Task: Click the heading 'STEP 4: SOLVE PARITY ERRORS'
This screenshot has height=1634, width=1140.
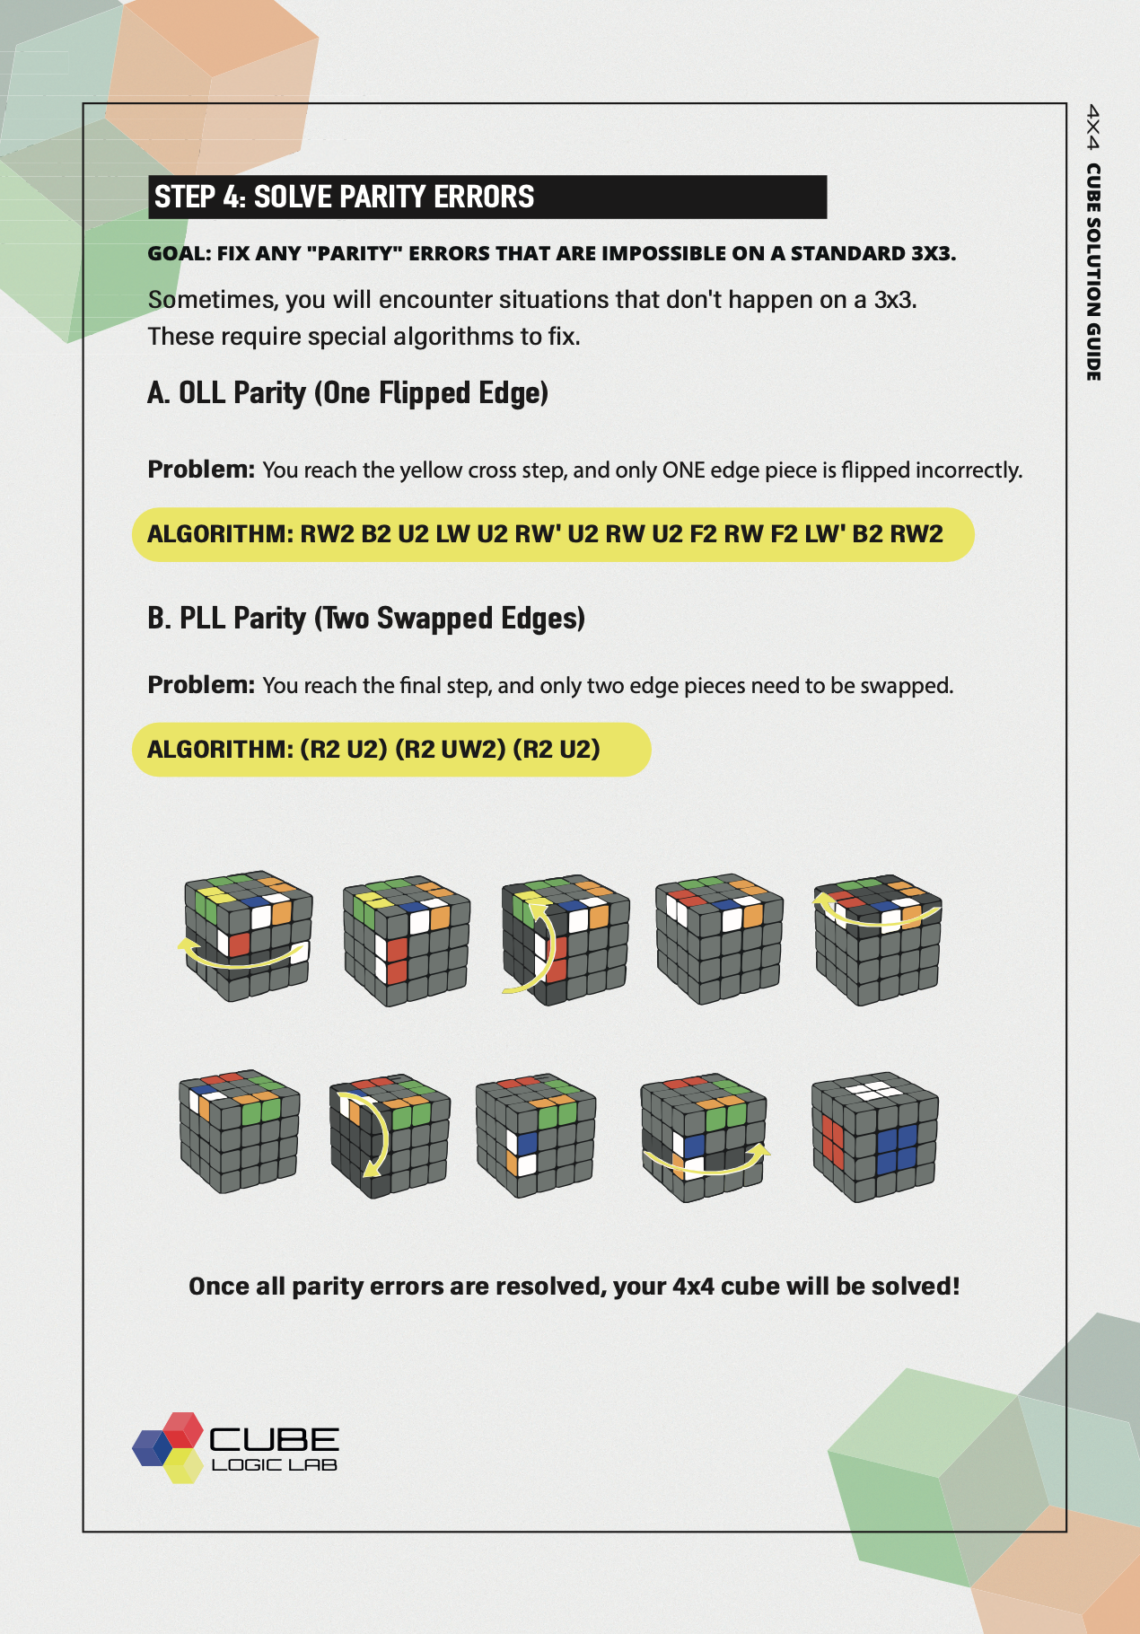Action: click(x=345, y=197)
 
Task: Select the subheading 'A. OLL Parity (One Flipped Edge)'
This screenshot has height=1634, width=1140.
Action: click(x=348, y=393)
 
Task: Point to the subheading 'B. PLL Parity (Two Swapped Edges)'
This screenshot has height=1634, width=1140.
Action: click(x=366, y=619)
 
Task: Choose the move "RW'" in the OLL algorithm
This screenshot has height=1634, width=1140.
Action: click(x=538, y=534)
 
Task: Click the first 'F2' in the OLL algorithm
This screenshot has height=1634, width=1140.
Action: click(x=703, y=534)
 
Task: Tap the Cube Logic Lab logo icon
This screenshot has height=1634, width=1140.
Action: click(x=169, y=1447)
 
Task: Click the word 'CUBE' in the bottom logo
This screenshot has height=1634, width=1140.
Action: click(x=274, y=1439)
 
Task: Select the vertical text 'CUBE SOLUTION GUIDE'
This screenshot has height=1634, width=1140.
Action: click(x=1092, y=272)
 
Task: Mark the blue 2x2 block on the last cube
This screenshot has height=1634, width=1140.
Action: click(x=896, y=1149)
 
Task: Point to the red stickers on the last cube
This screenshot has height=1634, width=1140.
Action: click(x=832, y=1141)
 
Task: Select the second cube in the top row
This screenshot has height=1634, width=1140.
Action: click(x=407, y=941)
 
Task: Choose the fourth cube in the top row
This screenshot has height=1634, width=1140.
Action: click(x=720, y=939)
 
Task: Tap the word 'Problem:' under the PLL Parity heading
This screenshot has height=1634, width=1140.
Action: click(x=201, y=685)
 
